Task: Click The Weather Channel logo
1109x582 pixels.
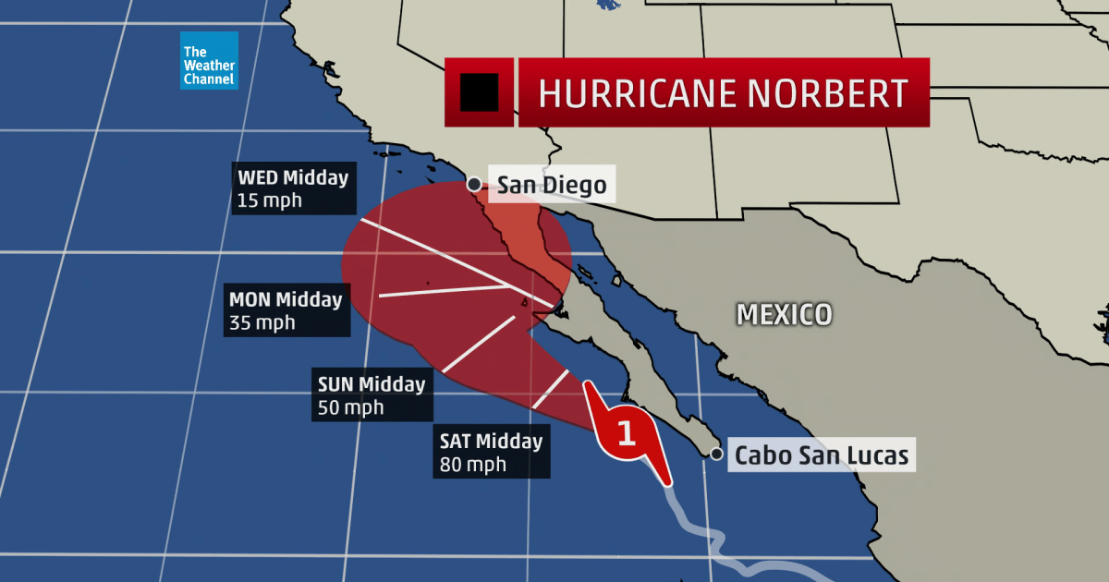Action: (x=209, y=61)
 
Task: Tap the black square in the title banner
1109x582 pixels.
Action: (x=479, y=92)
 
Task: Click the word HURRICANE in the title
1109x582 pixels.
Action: (x=627, y=93)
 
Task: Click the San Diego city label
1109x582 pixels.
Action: (x=552, y=186)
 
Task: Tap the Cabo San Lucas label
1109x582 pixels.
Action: (x=821, y=455)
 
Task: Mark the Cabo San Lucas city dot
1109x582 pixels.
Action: (x=716, y=455)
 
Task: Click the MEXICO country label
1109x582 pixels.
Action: (x=784, y=314)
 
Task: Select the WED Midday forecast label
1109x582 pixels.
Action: (x=292, y=177)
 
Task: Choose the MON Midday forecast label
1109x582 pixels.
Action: (x=286, y=300)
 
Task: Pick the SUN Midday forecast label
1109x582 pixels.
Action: (x=371, y=384)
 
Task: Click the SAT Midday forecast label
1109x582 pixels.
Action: (x=491, y=441)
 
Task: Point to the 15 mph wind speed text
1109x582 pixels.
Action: (x=269, y=200)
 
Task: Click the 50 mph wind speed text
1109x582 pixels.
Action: (x=350, y=407)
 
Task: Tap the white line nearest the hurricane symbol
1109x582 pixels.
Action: (x=551, y=390)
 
